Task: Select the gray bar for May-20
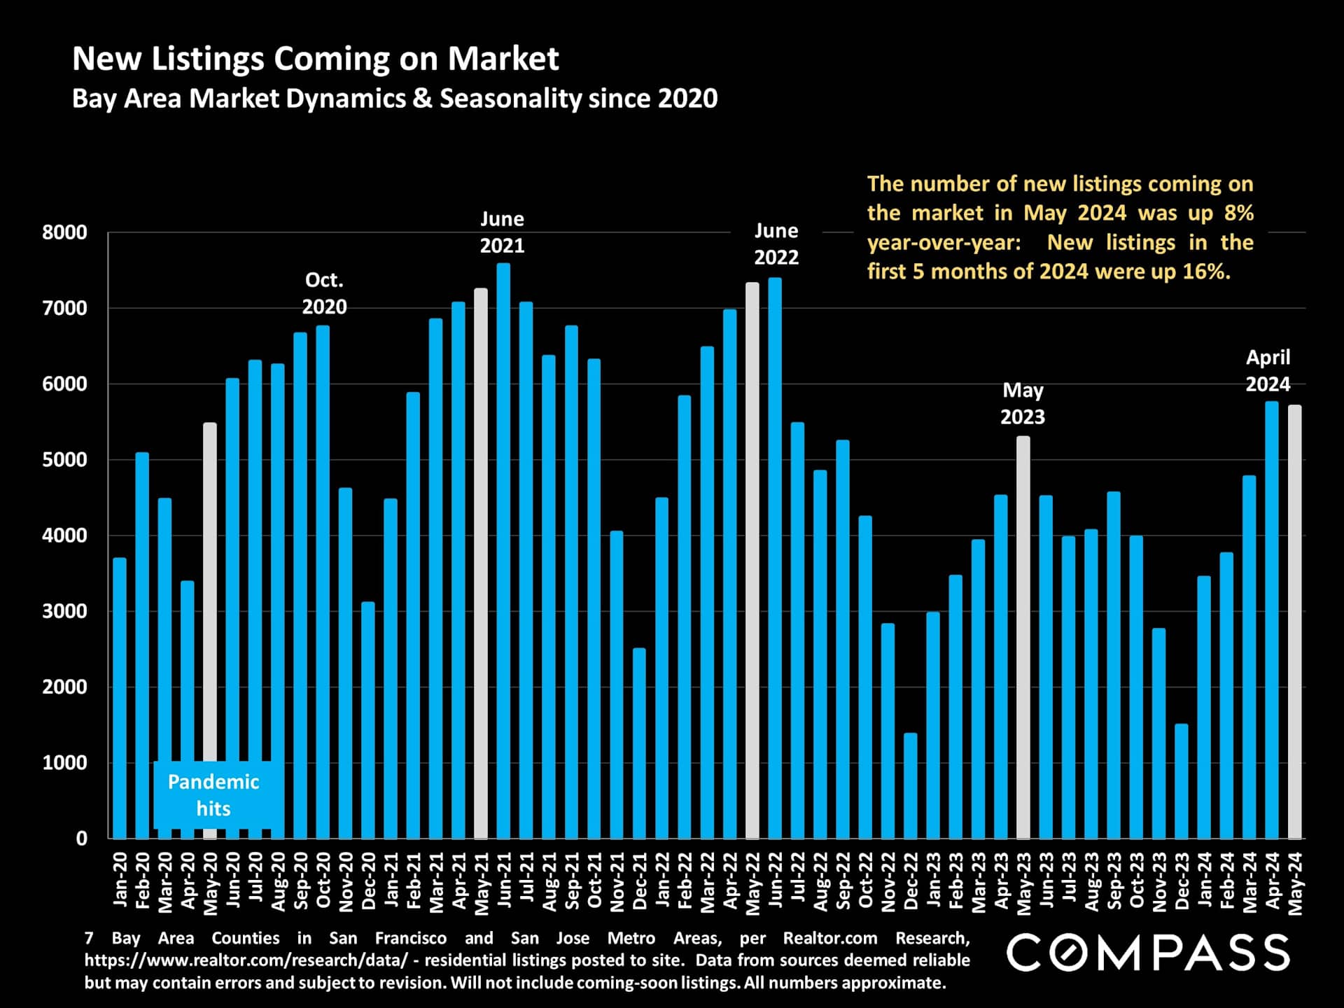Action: (210, 630)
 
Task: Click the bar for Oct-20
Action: (323, 581)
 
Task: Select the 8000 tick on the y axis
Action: (64, 232)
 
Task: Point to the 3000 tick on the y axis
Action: (64, 611)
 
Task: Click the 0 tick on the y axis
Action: (81, 838)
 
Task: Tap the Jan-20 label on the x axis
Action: (120, 880)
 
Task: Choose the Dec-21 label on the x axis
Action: (639, 881)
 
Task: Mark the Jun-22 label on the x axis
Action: (775, 880)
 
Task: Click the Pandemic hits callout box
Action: (213, 794)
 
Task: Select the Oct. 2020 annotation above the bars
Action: (324, 293)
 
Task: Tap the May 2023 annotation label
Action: (1023, 403)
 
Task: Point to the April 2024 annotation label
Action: (1268, 370)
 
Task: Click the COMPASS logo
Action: (1148, 953)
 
